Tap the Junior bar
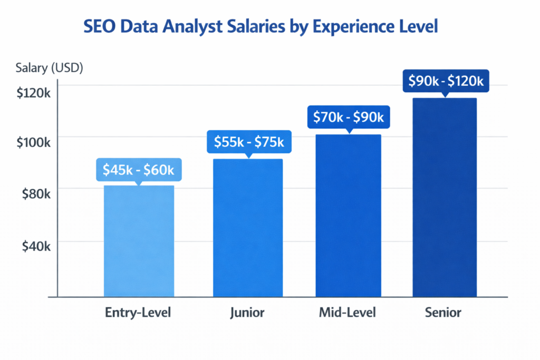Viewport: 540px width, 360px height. (247, 228)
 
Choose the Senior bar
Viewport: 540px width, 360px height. (444, 198)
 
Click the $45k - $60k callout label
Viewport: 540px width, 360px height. (139, 170)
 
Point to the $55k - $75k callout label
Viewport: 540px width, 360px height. (248, 142)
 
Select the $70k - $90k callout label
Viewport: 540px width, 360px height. (348, 116)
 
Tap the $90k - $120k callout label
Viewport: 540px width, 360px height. (446, 81)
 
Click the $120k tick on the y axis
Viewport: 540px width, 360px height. (33, 93)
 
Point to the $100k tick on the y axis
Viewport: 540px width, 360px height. (33, 143)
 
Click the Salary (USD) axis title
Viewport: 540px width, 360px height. (49, 67)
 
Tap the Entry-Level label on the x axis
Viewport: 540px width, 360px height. (138, 313)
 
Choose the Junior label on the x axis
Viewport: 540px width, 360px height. (247, 313)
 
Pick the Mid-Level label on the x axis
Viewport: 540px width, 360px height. (348, 313)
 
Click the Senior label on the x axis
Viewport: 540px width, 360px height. (443, 313)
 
